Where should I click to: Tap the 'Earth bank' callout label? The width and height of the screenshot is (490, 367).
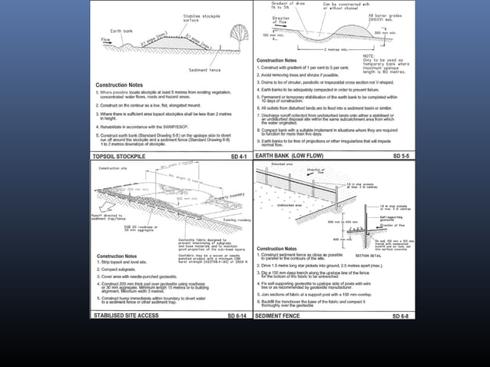point(125,31)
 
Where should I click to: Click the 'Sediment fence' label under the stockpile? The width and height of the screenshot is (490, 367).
point(204,69)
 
